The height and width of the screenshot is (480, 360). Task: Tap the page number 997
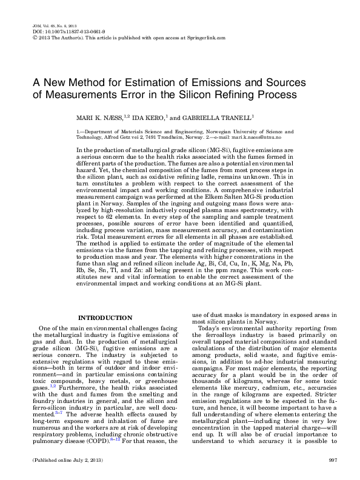click(332, 461)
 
